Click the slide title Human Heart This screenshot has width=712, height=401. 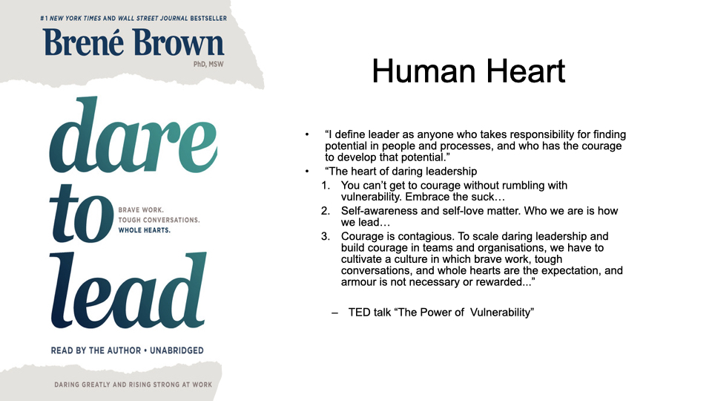(x=468, y=71)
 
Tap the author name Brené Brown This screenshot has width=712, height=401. (x=134, y=43)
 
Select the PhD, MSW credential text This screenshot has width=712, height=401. (x=208, y=65)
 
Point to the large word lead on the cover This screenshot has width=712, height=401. (x=128, y=290)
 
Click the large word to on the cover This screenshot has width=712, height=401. (x=82, y=214)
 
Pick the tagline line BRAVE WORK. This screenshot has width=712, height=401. (x=141, y=210)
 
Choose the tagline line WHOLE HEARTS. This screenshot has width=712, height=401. (x=145, y=230)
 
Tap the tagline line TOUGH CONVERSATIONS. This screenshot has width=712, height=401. (x=159, y=220)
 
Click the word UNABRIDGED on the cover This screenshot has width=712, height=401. (x=177, y=351)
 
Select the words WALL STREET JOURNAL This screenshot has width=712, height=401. (x=153, y=18)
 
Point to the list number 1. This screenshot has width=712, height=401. (x=326, y=186)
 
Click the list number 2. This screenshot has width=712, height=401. (x=326, y=211)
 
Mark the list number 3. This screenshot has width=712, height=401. (x=326, y=236)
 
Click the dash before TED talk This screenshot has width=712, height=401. (x=335, y=313)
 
